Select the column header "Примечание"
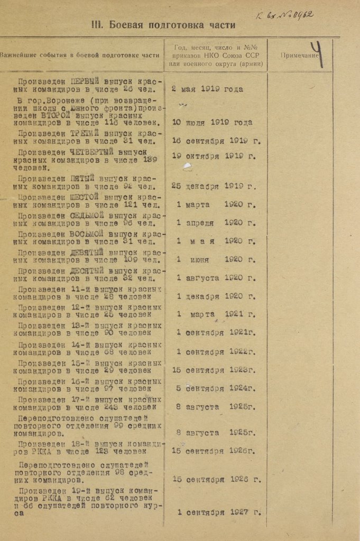[x=299, y=55]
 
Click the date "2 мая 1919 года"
[x=207, y=89]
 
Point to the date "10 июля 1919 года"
[x=212, y=123]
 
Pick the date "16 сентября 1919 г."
[x=216, y=141]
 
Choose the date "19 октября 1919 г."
[x=214, y=156]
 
